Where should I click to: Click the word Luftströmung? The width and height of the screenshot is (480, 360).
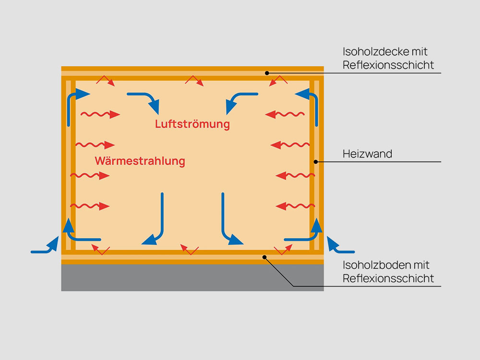pos(192,124)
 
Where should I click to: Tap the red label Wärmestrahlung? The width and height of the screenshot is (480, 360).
pos(140,161)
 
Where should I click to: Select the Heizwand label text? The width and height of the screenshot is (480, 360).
pos(367,154)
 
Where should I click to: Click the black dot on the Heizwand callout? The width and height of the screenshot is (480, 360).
pos(316,162)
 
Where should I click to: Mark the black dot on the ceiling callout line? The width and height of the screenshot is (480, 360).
pos(267,73)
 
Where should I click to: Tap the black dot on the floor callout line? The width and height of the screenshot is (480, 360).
pos(264,257)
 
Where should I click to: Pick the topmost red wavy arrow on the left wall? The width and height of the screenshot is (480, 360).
pos(100,115)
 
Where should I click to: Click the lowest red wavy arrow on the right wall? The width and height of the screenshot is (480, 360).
pos(295,206)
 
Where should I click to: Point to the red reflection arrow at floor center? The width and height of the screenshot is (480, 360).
pos(190,250)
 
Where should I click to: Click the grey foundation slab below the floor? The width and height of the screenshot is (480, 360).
pos(192,277)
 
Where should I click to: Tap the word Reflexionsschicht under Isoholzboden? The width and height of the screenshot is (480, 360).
pos(388,278)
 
